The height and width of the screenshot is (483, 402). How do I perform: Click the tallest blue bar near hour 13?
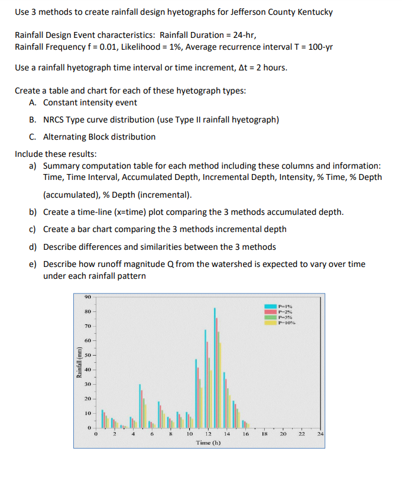[215, 367]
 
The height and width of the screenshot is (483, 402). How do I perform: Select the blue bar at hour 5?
[140, 406]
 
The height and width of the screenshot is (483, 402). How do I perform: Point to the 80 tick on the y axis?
[86, 311]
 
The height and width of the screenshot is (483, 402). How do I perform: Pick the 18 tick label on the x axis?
[264, 434]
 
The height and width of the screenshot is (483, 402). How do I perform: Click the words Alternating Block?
[76, 137]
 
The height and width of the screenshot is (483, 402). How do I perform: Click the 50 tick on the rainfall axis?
[86, 355]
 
